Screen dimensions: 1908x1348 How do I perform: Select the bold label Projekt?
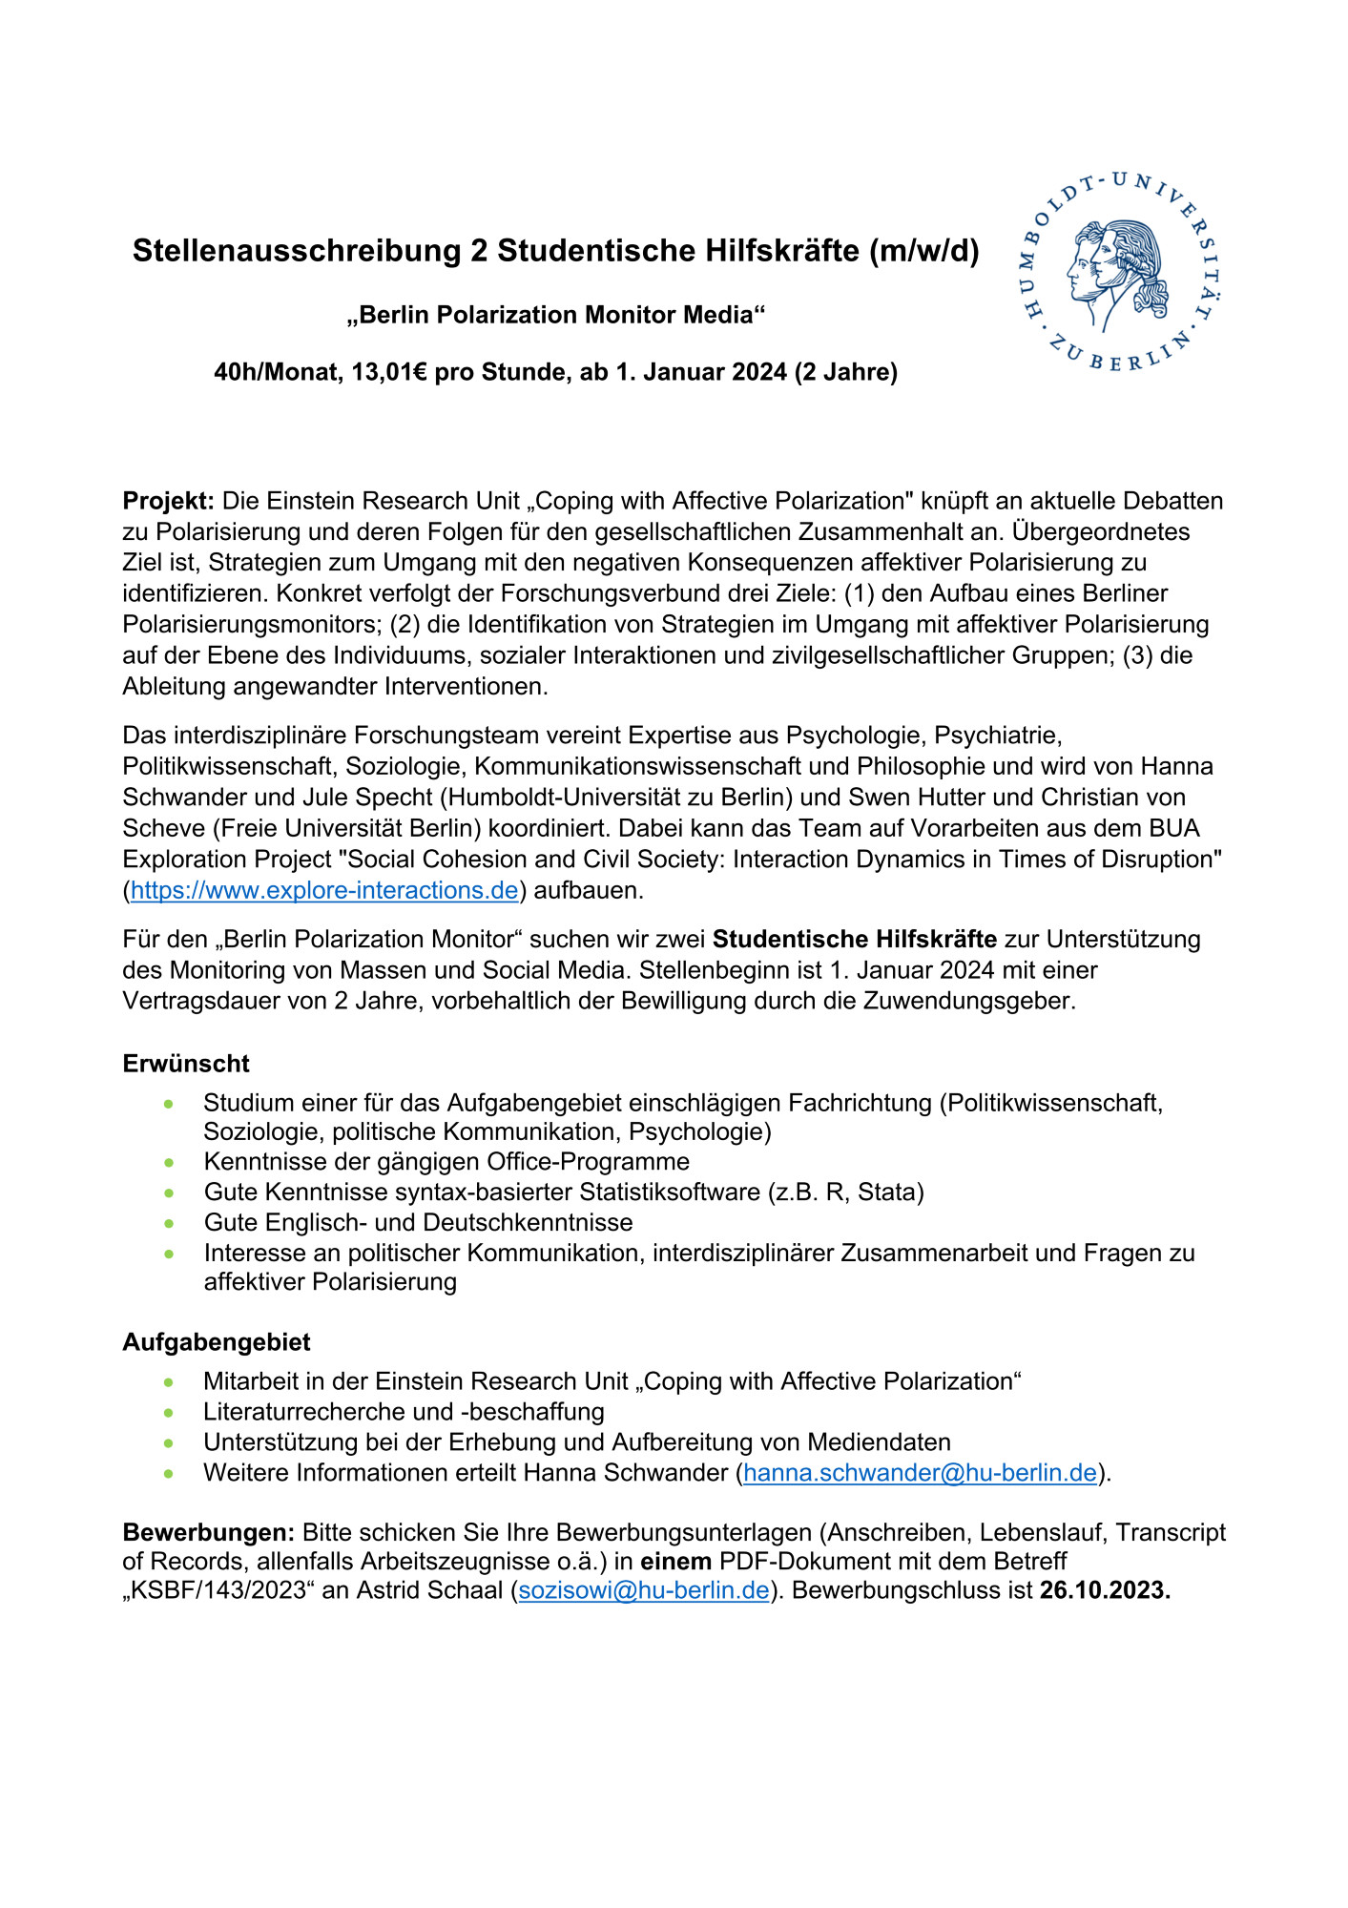tap(168, 501)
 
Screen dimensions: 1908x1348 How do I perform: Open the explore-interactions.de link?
tap(324, 890)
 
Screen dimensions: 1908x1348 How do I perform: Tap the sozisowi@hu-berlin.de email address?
tap(644, 1590)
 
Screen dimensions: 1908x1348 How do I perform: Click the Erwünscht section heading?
tap(186, 1064)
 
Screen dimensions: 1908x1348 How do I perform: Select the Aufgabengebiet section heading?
tap(217, 1342)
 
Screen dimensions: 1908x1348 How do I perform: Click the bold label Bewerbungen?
tap(209, 1533)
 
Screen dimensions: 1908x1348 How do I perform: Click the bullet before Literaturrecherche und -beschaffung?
tap(169, 1412)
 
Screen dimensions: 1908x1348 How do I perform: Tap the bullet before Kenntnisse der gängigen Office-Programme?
tap(169, 1162)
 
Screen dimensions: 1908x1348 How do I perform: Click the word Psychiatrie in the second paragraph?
tap(998, 736)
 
